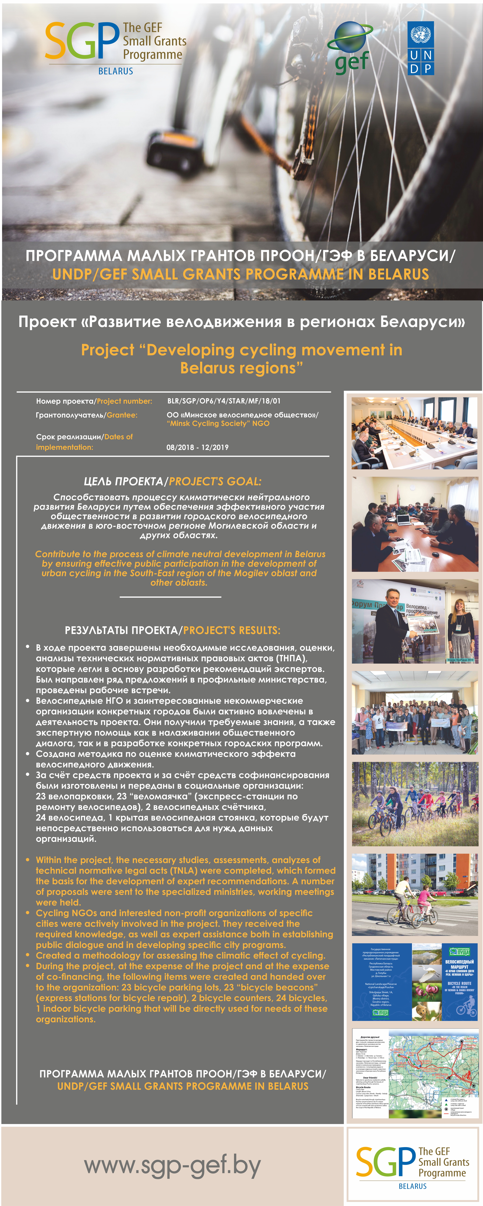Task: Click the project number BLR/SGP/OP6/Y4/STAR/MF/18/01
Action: coord(224,401)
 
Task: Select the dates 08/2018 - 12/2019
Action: coord(198,447)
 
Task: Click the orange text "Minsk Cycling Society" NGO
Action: coord(218,423)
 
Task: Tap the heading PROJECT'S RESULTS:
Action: coord(232,630)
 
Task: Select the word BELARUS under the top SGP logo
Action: coord(116,71)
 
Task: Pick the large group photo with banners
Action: coord(415,713)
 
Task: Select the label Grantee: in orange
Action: coord(122,415)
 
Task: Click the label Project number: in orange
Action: coord(125,401)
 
